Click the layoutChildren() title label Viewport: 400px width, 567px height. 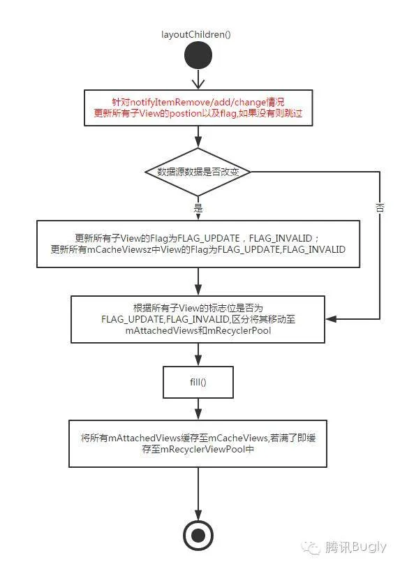click(196, 34)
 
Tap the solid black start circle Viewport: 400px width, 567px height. click(198, 55)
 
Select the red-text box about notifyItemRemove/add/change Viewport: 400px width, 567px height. click(198, 108)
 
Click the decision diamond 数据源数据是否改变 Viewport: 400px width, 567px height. click(198, 172)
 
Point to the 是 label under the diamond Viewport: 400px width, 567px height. click(198, 208)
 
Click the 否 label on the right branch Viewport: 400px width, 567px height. click(380, 207)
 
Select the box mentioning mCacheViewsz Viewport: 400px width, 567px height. click(198, 244)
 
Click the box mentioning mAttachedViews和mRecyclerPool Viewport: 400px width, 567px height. click(198, 319)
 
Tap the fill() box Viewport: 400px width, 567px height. click(198, 382)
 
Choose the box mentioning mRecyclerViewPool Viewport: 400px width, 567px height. click(198, 443)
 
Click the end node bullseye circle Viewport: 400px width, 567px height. click(198, 535)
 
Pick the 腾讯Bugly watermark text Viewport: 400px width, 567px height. click(355, 547)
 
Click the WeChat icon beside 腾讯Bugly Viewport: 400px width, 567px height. click(311, 547)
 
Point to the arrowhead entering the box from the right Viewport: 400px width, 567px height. click(331, 319)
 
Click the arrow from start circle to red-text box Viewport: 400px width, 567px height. click(198, 79)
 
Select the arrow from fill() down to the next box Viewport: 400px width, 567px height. click(198, 409)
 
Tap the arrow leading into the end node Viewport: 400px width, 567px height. click(198, 494)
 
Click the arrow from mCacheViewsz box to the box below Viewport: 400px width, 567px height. click(198, 281)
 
